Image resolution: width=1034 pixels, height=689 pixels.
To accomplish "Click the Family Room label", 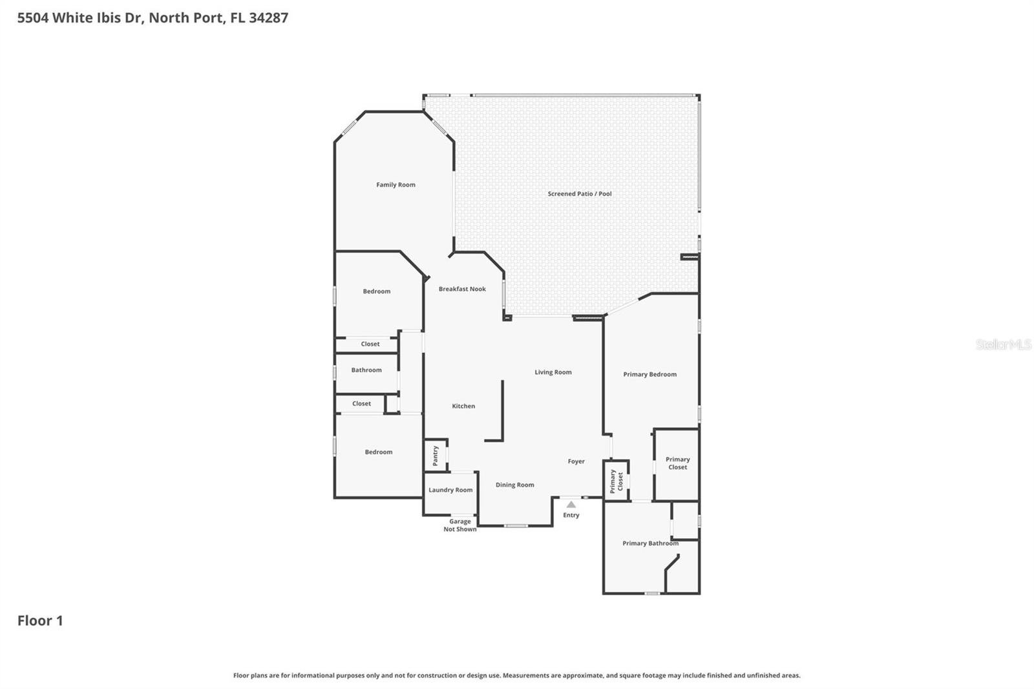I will point(396,185).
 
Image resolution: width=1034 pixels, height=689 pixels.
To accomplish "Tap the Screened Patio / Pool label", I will point(579,194).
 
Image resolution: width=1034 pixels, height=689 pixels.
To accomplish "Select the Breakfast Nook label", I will point(462,289).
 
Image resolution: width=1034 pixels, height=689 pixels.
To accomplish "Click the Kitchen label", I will point(463,406).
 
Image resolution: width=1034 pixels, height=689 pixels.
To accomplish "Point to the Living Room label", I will point(553,372).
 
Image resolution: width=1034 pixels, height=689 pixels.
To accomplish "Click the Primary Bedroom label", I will point(649,374).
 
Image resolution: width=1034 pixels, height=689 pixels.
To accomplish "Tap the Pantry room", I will point(436,455).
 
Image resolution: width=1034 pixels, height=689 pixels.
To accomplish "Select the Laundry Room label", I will point(450,490).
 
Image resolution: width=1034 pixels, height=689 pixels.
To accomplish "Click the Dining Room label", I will point(514,485).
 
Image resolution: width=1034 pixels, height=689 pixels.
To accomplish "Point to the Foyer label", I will point(576,461).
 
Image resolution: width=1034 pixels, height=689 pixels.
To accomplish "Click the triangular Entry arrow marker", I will point(571,504).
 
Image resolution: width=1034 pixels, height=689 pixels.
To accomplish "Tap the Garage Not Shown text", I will point(459,525).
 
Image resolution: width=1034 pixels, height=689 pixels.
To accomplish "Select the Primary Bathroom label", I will point(650,544).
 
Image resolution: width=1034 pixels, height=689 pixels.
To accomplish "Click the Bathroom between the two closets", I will point(366,370).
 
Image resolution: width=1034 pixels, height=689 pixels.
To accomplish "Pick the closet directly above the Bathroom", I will point(370,344).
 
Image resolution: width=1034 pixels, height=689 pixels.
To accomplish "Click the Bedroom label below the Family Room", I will point(376,291).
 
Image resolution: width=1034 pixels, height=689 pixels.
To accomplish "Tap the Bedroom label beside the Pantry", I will point(378,452).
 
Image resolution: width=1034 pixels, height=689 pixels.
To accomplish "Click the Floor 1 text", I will point(40,620).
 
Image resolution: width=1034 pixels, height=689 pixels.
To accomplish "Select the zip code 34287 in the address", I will point(268,17).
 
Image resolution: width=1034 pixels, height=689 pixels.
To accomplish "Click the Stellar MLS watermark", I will point(1003,345).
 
